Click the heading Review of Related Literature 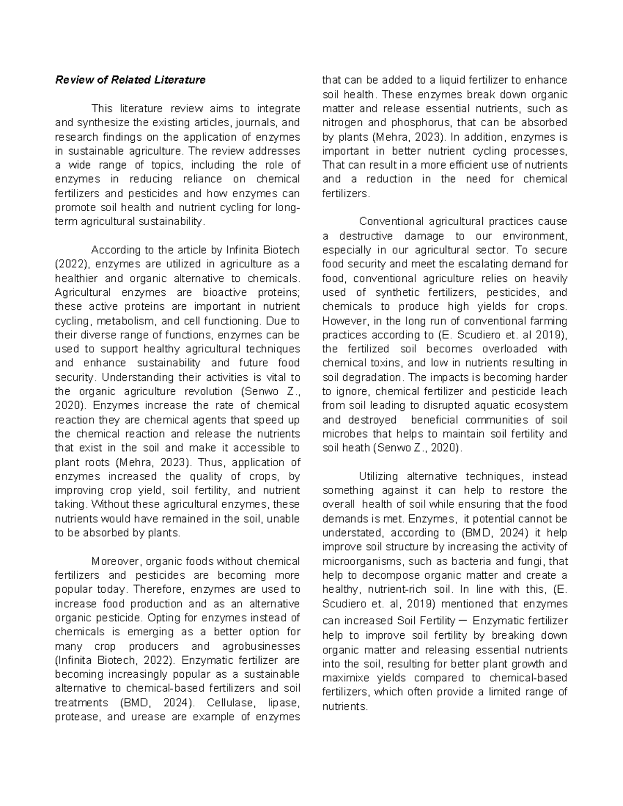click(x=130, y=80)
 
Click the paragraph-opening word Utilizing click(x=378, y=476)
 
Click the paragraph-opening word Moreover click(x=117, y=561)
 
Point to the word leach click(x=554, y=391)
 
